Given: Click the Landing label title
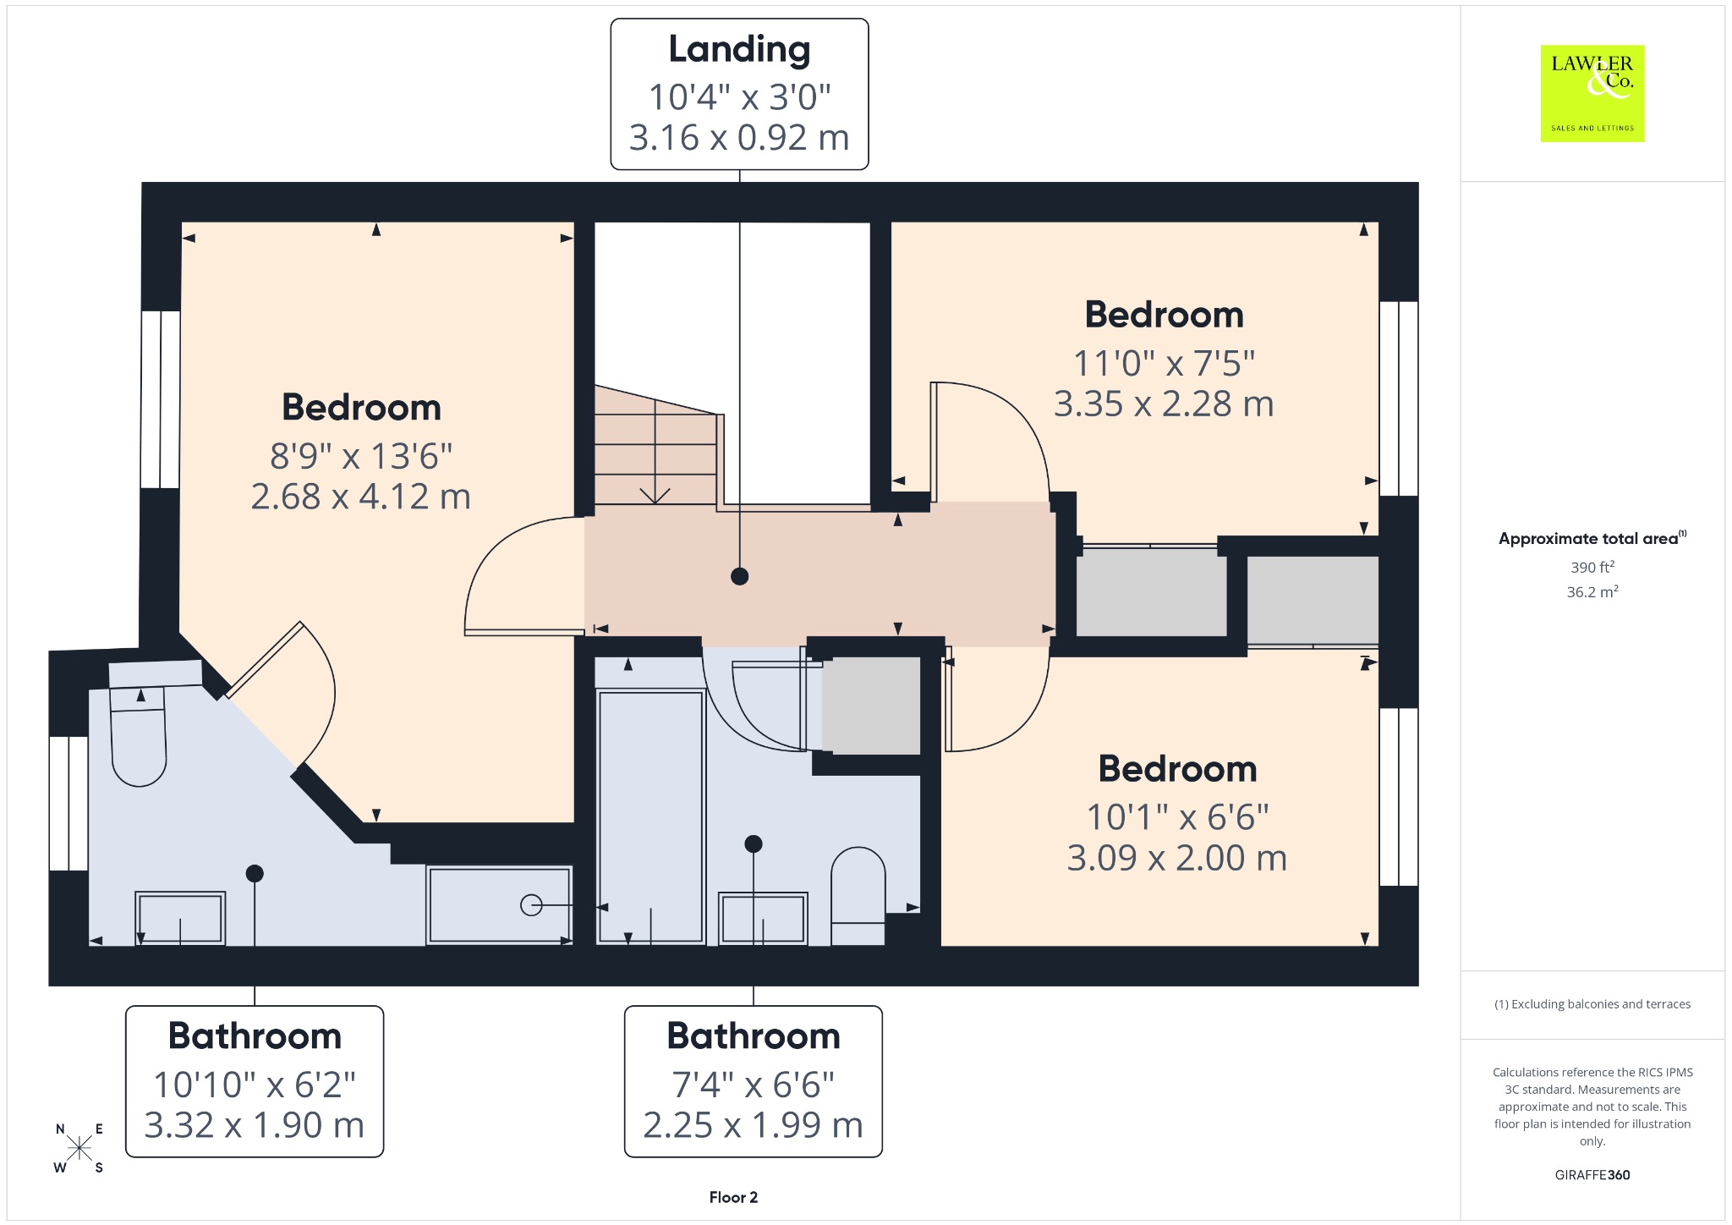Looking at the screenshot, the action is (x=739, y=49).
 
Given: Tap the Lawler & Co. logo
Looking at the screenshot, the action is (x=1592, y=93).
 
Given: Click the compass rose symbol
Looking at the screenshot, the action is (x=79, y=1148).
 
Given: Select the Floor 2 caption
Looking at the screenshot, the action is (x=733, y=1197).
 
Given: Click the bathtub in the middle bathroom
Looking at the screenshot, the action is (x=651, y=816).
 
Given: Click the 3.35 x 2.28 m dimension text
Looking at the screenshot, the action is (x=1164, y=404).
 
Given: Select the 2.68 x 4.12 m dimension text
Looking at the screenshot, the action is (x=361, y=497).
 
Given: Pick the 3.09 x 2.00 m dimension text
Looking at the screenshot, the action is (x=1177, y=858).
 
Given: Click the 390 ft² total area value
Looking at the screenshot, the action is (x=1592, y=567).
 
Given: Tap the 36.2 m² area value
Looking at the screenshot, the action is (x=1592, y=591).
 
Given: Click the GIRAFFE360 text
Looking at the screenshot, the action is (x=1592, y=1174).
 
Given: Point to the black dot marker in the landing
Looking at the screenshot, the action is (x=740, y=577).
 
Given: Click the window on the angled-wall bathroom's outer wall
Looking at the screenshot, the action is (x=69, y=804).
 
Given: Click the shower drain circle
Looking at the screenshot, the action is (x=531, y=905).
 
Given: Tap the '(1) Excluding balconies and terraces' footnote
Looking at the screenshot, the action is (x=1592, y=1004).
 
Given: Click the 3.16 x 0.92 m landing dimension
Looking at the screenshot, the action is (x=739, y=138).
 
